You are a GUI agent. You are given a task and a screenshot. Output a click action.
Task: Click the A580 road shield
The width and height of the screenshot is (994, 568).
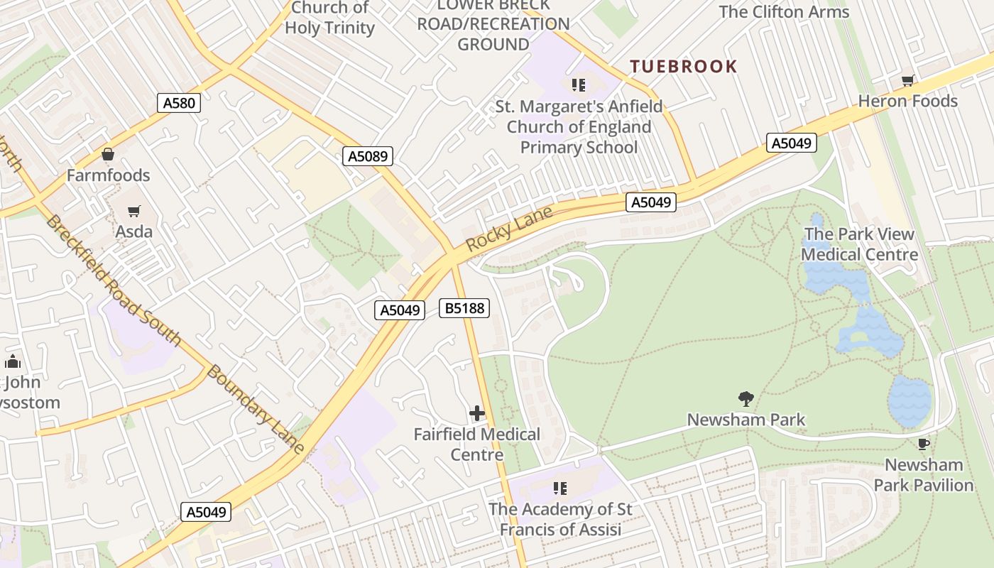179,103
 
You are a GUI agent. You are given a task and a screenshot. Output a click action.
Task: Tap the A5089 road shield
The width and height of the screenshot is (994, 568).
368,156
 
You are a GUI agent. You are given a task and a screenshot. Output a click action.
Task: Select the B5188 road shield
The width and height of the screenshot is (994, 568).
464,307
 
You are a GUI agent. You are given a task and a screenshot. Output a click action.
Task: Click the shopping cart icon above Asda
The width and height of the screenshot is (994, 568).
133,211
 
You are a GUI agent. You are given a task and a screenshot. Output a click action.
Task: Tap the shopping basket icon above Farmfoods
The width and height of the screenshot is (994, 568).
108,154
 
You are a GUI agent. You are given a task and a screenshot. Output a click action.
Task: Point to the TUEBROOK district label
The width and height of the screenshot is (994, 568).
684,67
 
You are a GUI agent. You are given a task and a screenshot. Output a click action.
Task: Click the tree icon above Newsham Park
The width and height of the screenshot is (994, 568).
745,398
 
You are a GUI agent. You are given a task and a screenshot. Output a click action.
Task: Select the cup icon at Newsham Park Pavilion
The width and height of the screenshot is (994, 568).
923,444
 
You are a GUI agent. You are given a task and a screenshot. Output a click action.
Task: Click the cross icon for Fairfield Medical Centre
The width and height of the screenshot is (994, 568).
477,413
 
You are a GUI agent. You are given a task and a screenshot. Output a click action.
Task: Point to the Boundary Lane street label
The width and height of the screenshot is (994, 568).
256,410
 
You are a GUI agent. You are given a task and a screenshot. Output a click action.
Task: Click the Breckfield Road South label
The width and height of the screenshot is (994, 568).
114,281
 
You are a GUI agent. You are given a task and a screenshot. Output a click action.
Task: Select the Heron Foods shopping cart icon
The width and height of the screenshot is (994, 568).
907,80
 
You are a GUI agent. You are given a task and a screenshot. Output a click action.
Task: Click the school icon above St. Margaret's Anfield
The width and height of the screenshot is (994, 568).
579,85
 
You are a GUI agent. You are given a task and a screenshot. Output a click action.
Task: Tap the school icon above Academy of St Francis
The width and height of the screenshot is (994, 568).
560,488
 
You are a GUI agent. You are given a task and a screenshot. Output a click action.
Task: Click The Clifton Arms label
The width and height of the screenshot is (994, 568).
784,12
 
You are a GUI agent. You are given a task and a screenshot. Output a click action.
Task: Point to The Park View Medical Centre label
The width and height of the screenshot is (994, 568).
859,244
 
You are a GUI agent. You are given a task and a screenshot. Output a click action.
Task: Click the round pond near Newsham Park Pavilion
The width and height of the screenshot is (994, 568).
909,401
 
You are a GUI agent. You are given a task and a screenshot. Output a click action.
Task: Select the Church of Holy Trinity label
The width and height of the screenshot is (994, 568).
329,18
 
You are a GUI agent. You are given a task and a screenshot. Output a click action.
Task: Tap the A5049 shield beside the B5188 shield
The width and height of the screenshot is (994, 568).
400,310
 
